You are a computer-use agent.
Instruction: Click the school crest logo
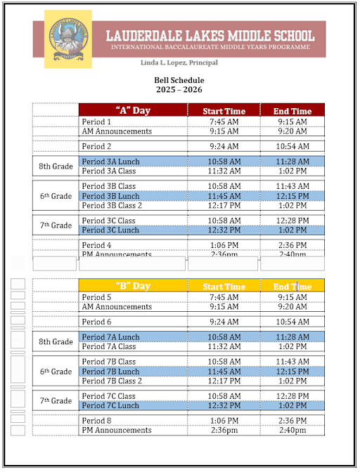67,39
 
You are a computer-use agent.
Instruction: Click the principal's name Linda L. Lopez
179,63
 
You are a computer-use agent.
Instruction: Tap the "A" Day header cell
133,110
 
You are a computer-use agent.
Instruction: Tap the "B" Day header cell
133,286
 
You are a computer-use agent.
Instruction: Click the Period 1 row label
97,122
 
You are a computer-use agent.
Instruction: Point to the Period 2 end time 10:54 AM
292,146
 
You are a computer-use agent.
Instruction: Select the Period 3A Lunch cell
111,162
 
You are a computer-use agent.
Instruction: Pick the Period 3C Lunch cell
111,230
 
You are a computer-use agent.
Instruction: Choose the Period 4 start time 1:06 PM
224,244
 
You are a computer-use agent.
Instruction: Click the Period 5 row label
97,297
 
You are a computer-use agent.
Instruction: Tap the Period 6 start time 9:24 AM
224,322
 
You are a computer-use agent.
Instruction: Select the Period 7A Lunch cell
111,337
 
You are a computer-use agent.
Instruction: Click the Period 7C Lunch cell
111,405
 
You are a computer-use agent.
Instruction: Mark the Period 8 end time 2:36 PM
292,420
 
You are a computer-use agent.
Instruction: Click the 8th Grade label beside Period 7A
56,342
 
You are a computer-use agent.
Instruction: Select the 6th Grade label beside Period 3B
56,196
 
